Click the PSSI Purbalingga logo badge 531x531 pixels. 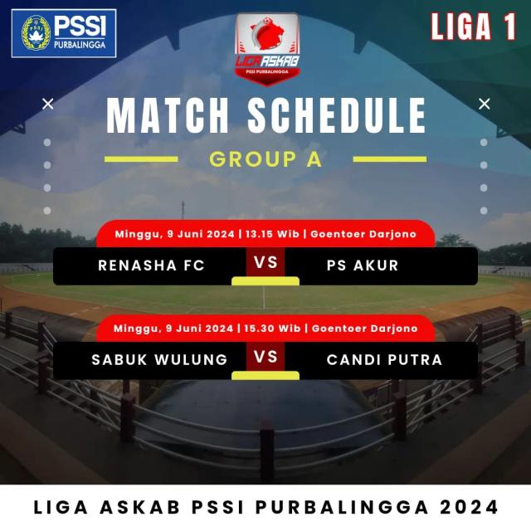coord(64,33)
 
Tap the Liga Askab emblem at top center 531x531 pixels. coord(267,49)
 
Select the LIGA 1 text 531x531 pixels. coord(473,27)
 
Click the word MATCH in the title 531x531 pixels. coord(168,115)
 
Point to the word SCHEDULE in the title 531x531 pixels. coord(337,115)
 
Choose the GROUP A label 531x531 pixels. coord(265,158)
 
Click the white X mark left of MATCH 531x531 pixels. coord(48,104)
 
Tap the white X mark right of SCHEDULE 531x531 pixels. coord(485,104)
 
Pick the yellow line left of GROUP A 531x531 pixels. coord(141,159)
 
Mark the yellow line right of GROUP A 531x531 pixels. coord(390,159)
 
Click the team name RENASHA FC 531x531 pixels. coord(151,265)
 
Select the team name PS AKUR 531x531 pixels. coord(363,265)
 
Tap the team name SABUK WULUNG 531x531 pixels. coord(159,359)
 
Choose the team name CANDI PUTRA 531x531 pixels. coord(384,359)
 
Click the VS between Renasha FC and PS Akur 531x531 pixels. coord(265,263)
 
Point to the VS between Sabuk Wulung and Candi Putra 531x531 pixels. coord(265,357)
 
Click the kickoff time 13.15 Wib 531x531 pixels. coord(273,234)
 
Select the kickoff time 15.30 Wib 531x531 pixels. coord(272,329)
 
